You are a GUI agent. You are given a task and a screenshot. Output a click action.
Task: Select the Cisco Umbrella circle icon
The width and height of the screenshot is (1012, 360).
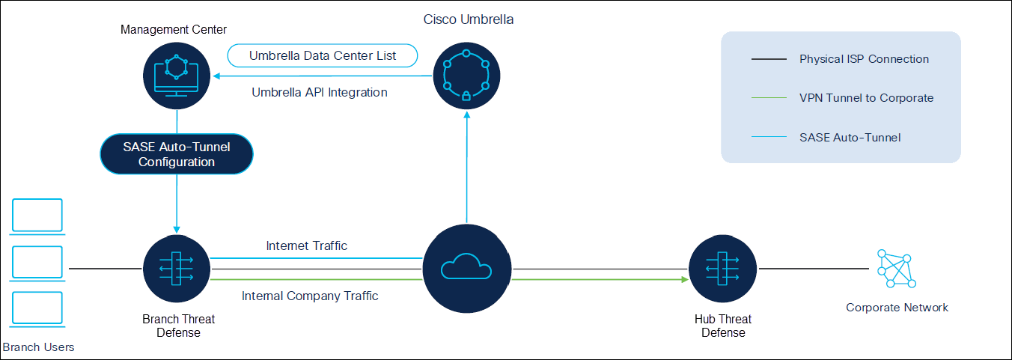click(466, 76)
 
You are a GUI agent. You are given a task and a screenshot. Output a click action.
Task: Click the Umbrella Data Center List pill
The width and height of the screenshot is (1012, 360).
click(323, 56)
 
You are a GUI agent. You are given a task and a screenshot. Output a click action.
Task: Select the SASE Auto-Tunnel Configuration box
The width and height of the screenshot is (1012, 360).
click(177, 154)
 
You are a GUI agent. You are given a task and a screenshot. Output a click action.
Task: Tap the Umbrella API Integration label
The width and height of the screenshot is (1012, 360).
click(319, 93)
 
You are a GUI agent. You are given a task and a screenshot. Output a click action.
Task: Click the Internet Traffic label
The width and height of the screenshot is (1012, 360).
click(307, 245)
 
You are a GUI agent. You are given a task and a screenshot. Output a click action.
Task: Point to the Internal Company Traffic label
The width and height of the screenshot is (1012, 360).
click(310, 296)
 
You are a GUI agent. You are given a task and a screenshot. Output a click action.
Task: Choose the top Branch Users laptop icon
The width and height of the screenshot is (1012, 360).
click(37, 215)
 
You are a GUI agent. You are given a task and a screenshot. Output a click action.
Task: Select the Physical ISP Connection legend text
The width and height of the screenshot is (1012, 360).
click(864, 59)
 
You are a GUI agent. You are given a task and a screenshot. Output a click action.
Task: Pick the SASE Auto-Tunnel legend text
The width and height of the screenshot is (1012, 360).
click(850, 137)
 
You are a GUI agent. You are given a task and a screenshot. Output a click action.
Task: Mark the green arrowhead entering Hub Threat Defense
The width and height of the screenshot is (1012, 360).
click(683, 280)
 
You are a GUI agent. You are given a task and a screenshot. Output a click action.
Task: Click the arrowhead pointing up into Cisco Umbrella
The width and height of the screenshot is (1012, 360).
click(466, 115)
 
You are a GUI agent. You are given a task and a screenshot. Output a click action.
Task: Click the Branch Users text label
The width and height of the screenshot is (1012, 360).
click(38, 347)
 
